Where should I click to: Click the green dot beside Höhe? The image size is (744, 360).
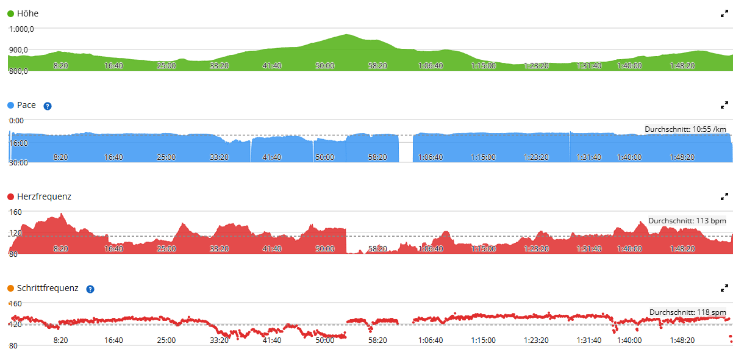coord(10,13)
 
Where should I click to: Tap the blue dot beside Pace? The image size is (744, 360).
coord(10,106)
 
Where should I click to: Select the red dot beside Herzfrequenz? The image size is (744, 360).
coord(10,197)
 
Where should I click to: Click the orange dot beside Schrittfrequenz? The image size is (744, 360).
coord(10,288)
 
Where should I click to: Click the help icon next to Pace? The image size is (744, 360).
coord(48,106)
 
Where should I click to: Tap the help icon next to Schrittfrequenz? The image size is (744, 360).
coord(90,289)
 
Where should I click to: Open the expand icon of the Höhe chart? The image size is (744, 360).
coord(724,13)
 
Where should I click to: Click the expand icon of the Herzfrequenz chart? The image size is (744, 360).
coord(724,197)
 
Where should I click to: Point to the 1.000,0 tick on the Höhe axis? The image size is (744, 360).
coord(21,29)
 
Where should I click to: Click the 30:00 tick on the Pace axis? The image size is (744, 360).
coord(18,163)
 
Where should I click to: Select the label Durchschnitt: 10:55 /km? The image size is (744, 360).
coord(685,129)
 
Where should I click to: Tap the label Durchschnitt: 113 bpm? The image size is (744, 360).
coord(687,221)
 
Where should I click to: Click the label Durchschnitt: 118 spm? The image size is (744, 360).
coord(687,312)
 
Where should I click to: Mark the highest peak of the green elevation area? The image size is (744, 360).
coord(346,34)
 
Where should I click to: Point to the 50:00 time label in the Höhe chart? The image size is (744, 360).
coord(325,66)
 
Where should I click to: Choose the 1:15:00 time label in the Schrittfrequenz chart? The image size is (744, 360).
coord(483,340)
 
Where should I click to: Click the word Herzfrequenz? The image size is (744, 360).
coord(44,197)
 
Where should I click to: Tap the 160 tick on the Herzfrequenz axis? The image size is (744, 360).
coord(15,212)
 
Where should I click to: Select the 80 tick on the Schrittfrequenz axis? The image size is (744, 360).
coord(13,346)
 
